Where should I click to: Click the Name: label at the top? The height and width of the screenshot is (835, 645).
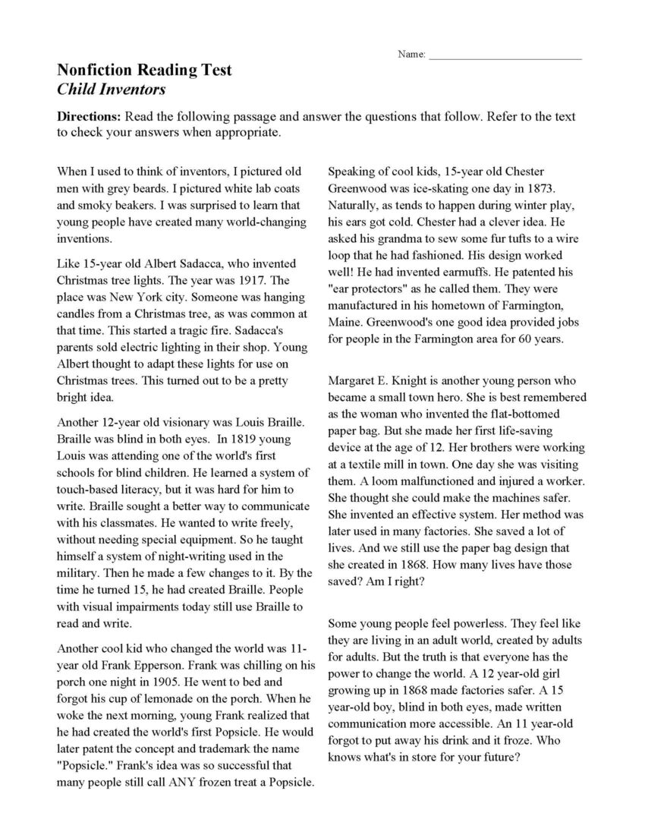click(411, 55)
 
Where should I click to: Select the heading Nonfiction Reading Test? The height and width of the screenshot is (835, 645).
click(144, 71)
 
